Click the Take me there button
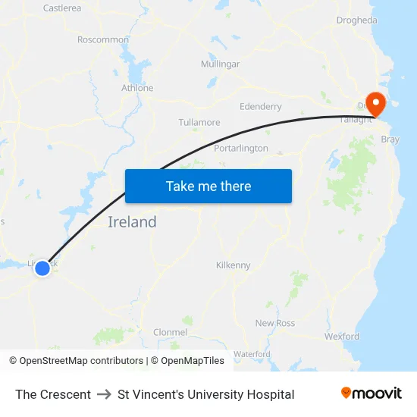(x=208, y=186)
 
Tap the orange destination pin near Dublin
(x=375, y=102)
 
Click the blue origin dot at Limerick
(x=42, y=268)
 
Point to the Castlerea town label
(x=62, y=8)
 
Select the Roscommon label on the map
(x=103, y=39)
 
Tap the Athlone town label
(x=137, y=88)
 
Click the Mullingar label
(x=220, y=64)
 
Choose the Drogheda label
(x=356, y=20)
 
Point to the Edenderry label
(x=260, y=107)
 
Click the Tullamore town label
(x=199, y=122)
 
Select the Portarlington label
(x=241, y=148)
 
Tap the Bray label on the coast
(x=390, y=140)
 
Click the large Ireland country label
(x=132, y=222)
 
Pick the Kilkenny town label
(x=233, y=265)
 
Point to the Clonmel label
(x=170, y=332)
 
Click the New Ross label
(x=275, y=323)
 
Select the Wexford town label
(x=341, y=336)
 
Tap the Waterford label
(x=252, y=354)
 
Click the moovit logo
(x=372, y=393)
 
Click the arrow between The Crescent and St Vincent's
(x=104, y=394)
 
